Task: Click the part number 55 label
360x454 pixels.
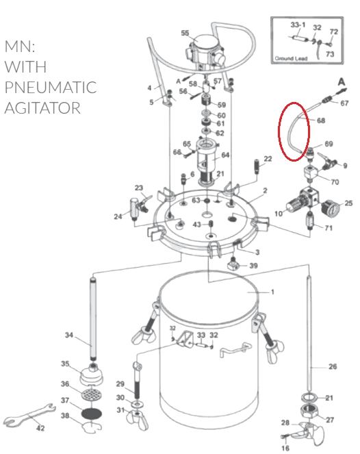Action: [x=185, y=33]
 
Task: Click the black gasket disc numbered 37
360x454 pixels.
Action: [x=92, y=413]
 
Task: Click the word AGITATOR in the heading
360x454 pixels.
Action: [x=42, y=108]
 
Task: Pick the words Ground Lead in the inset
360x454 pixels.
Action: [x=291, y=58]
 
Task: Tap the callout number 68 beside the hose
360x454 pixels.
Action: [x=321, y=120]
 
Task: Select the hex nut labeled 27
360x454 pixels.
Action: [x=310, y=412]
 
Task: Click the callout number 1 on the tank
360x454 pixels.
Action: [x=272, y=292]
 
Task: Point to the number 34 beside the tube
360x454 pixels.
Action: [x=69, y=335]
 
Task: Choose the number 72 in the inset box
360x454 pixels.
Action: [x=334, y=31]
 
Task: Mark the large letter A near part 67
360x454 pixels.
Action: [x=342, y=82]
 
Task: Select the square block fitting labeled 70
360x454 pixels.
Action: [x=311, y=173]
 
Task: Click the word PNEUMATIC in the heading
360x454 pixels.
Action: [x=51, y=87]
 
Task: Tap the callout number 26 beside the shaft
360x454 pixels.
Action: [x=333, y=366]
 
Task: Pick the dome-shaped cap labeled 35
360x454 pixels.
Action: [x=92, y=375]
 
